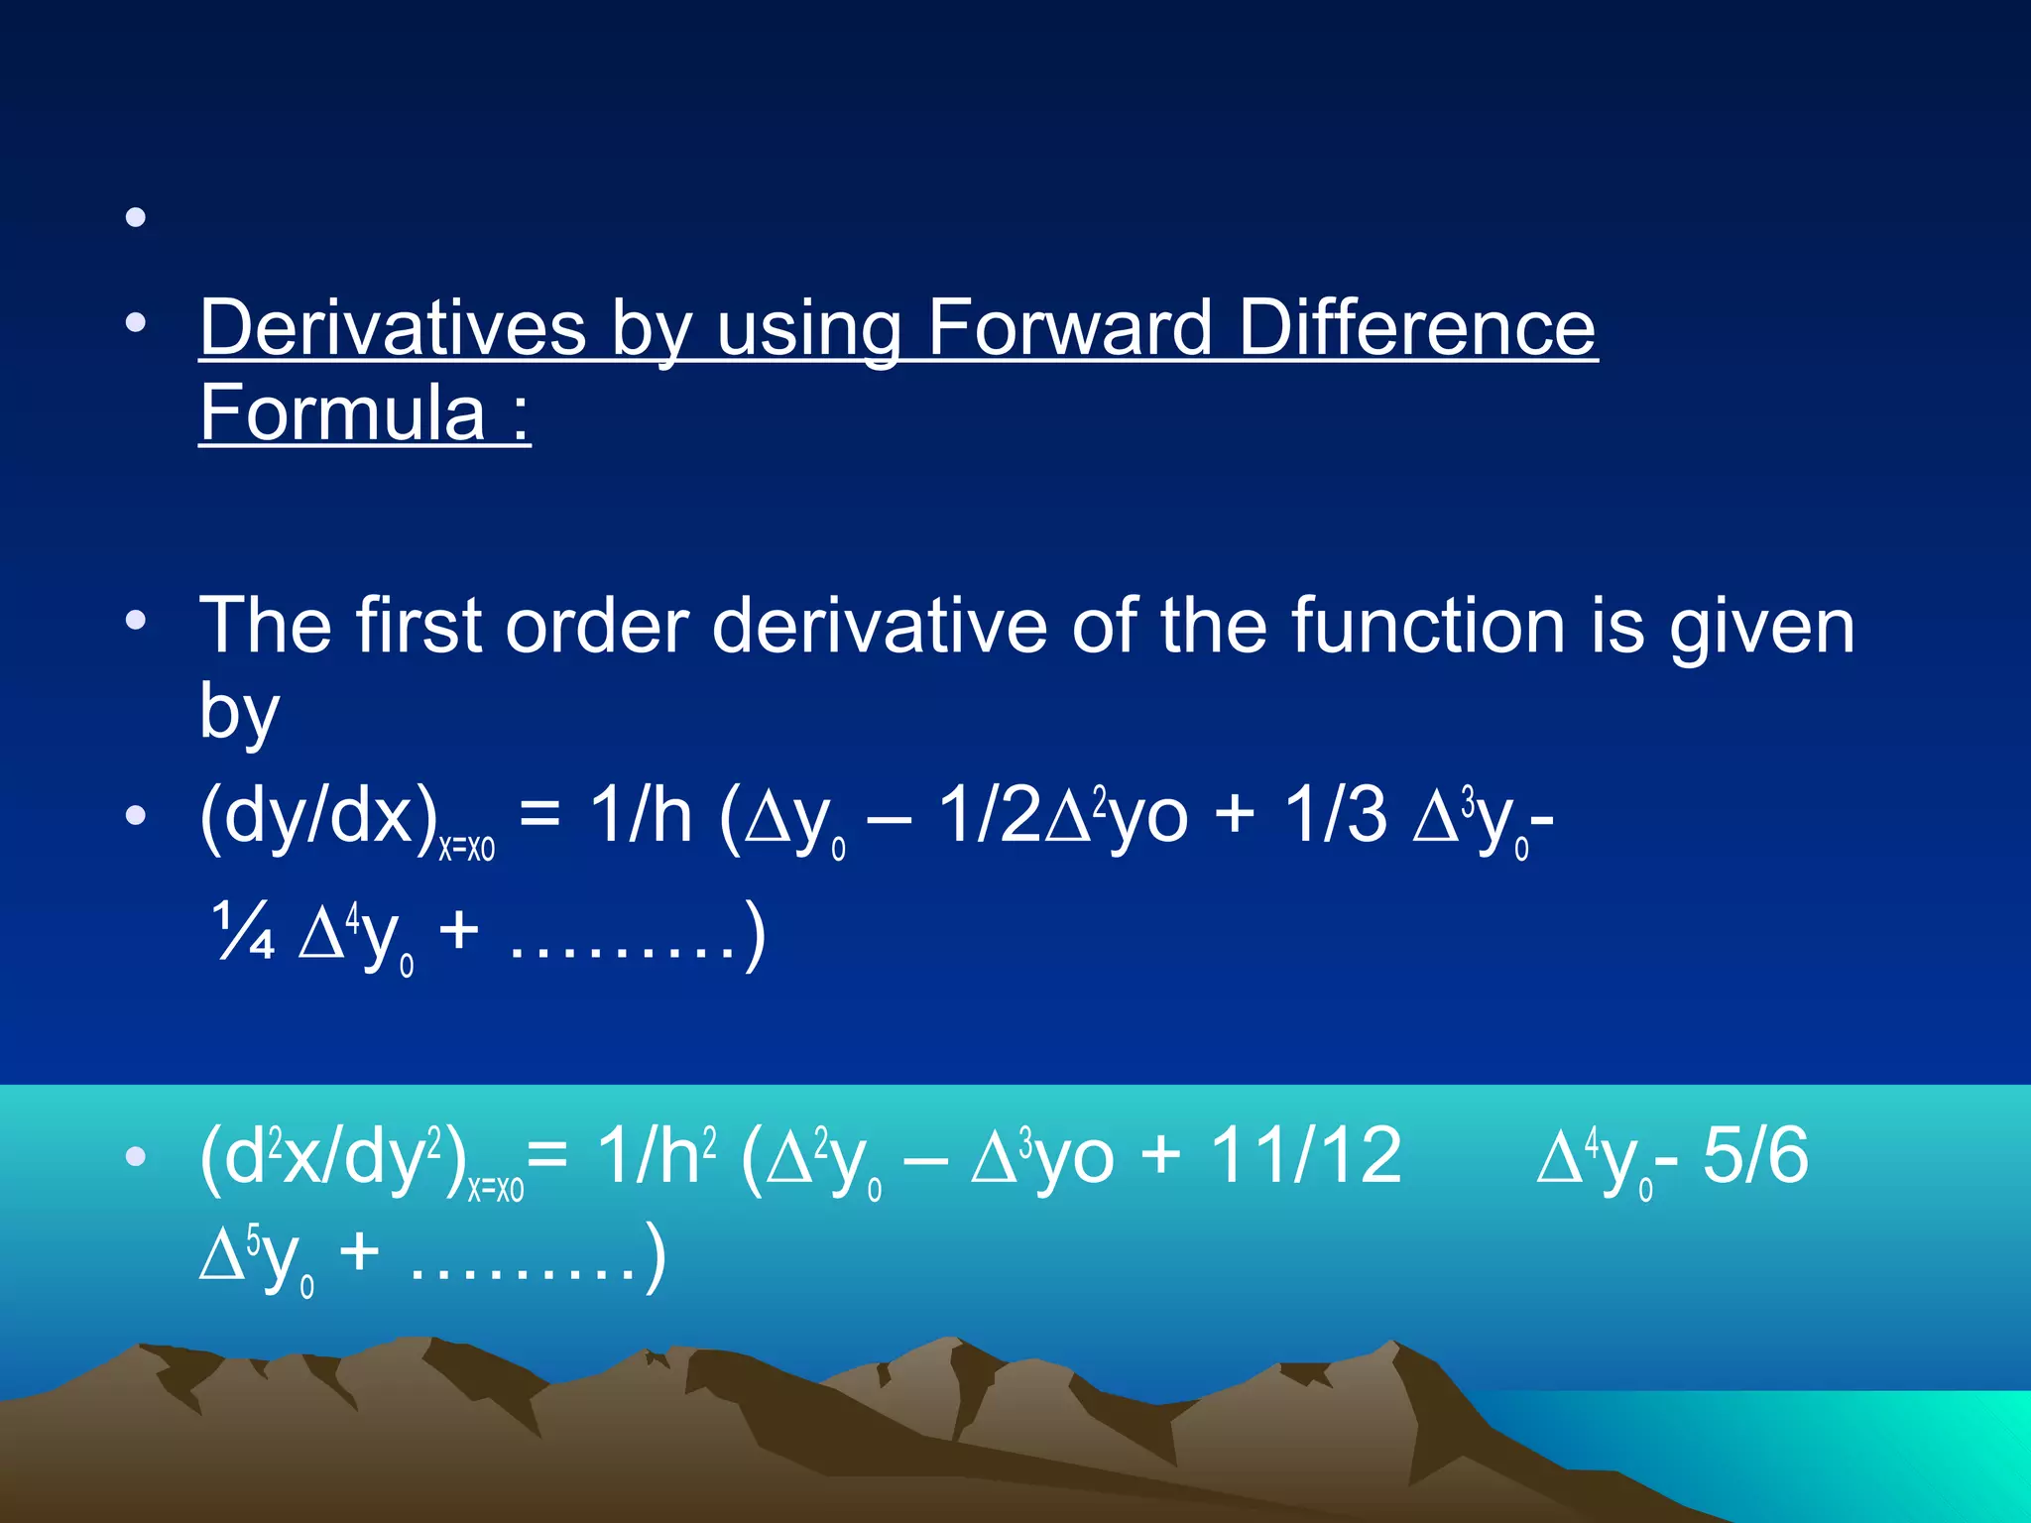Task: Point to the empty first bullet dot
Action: (136, 216)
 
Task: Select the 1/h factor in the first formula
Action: (640, 815)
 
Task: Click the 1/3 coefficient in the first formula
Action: (1335, 815)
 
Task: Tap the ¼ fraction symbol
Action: (243, 932)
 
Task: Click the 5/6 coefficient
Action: (1755, 1156)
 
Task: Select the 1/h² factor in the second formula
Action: (656, 1156)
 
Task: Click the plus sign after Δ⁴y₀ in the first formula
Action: (458, 933)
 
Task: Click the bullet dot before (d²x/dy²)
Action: (136, 1156)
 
